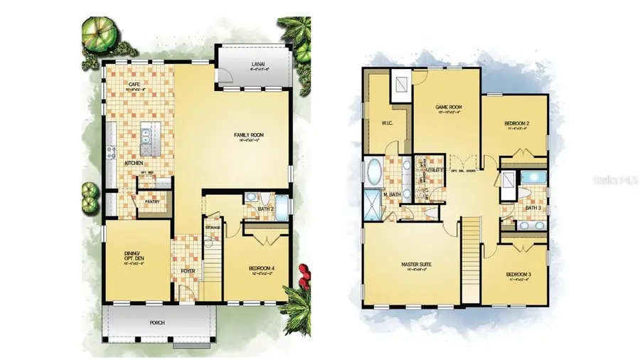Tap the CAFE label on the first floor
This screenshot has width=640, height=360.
133,85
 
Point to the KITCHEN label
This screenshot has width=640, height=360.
135,163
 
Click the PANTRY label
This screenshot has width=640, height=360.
153,201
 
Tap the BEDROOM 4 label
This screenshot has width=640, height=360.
262,268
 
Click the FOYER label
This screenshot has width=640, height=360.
187,270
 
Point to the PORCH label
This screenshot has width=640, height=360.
157,322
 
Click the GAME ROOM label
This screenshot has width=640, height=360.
449,107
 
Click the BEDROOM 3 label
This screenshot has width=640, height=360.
518,274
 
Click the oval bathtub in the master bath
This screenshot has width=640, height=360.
375,172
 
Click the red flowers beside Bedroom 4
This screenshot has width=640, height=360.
305,272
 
